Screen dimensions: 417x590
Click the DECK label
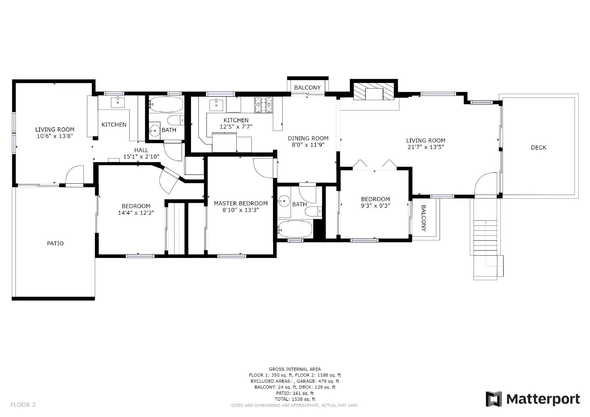[x=538, y=147]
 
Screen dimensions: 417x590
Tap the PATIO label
[x=55, y=243]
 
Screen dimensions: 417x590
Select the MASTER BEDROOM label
[x=240, y=204]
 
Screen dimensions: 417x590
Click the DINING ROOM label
[x=308, y=139]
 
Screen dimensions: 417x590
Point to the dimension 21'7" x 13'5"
[x=426, y=147]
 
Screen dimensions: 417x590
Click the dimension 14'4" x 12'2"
[x=136, y=213]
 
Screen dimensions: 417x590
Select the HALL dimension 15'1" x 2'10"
[x=141, y=157]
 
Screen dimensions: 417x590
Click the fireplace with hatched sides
[x=374, y=92]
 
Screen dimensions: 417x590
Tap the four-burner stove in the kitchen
[x=263, y=104]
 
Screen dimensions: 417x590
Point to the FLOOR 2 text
[x=23, y=405]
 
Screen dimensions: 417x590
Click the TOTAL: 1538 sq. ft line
[x=295, y=399]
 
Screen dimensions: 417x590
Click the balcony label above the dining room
[x=307, y=88]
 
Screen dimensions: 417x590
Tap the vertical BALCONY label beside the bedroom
[x=423, y=218]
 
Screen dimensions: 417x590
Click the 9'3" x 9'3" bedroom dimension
[x=375, y=206]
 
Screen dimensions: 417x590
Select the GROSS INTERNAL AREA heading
[x=295, y=369]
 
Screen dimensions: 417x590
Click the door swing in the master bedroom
[x=263, y=167]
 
